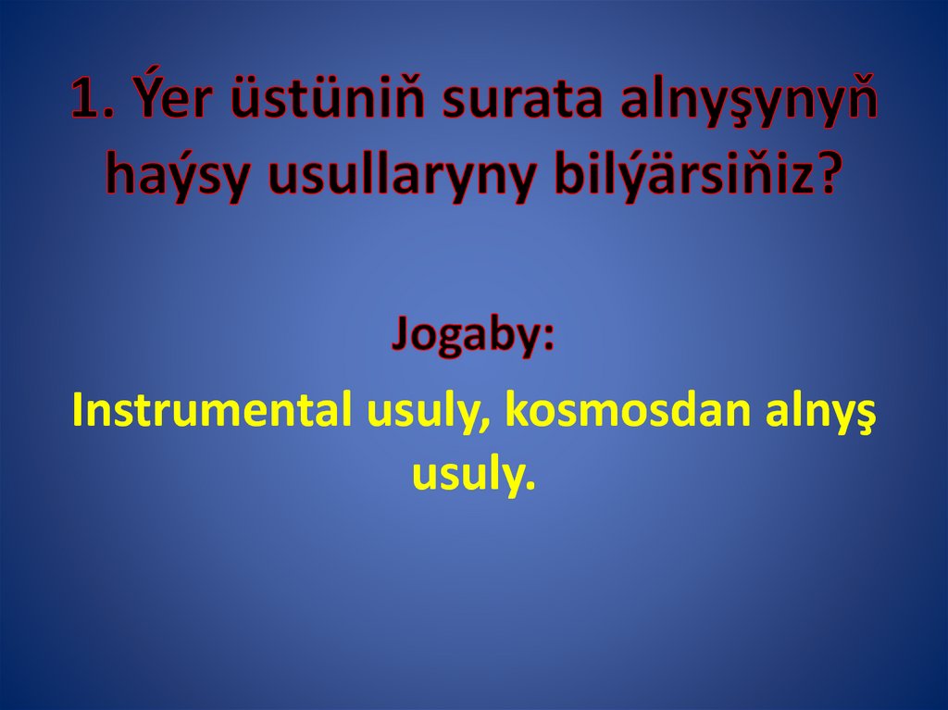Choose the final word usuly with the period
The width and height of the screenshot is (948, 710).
pos(473,474)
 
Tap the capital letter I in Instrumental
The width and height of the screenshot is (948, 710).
pos(78,409)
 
